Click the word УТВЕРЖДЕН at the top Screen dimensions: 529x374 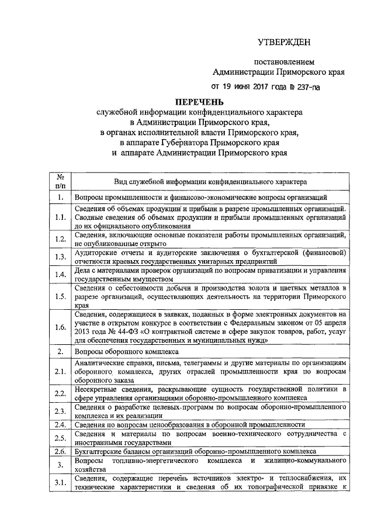point(285,42)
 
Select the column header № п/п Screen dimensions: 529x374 point(60,181)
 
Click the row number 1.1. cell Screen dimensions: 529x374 point(60,217)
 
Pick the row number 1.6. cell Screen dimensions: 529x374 point(60,327)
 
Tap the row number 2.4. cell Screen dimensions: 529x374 point(60,424)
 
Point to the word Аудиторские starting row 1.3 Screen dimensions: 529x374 point(96,252)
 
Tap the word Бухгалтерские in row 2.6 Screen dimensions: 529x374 point(101,452)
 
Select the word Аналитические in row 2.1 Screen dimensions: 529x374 point(101,363)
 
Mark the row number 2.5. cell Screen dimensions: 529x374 point(60,438)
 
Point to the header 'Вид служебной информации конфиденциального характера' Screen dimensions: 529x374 point(210,182)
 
